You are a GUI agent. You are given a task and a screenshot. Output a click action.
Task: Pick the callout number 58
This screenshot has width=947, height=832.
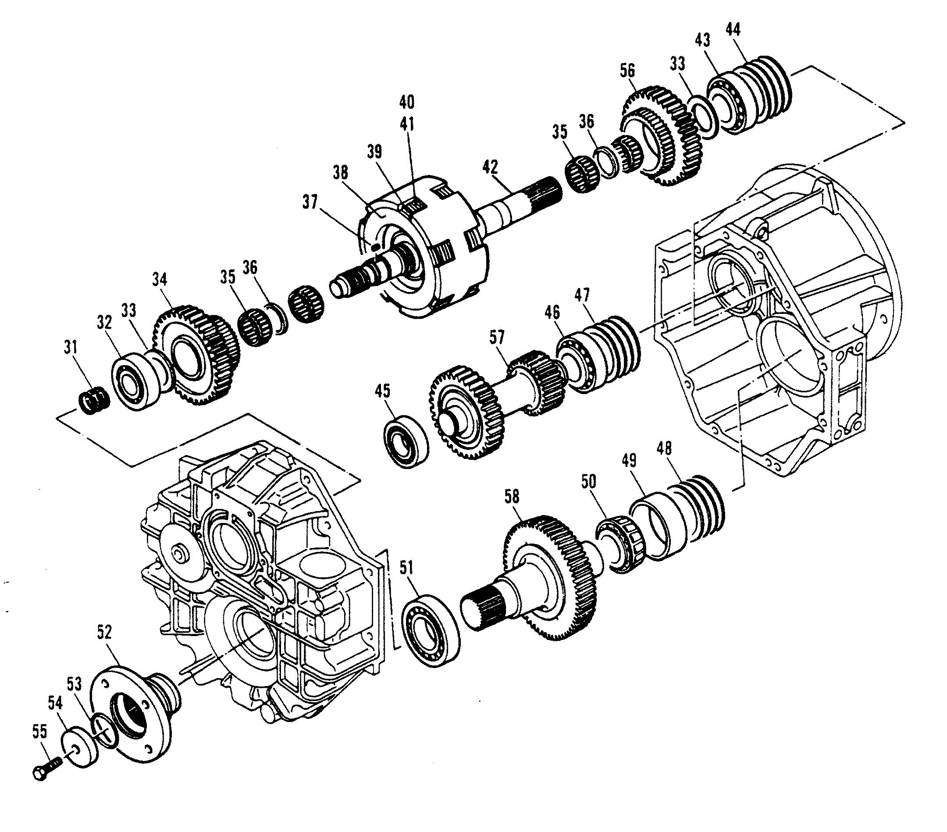[x=512, y=497]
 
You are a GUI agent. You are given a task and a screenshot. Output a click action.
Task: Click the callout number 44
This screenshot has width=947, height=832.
[x=733, y=30]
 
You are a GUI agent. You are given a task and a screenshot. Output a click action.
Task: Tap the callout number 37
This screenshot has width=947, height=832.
[x=310, y=203]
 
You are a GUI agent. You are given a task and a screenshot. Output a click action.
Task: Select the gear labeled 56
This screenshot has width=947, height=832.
[x=662, y=134]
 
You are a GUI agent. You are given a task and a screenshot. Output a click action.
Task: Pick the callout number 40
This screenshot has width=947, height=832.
[x=407, y=102]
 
